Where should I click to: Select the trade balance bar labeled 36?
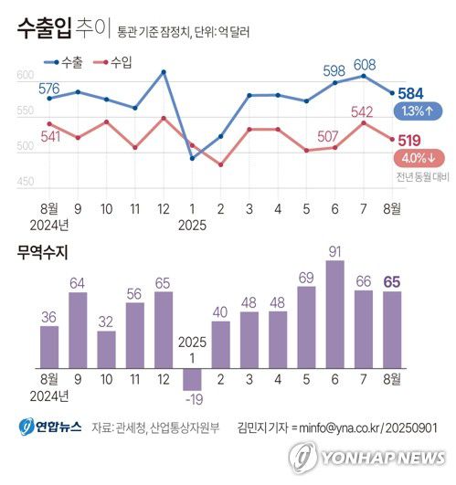[x=50, y=340]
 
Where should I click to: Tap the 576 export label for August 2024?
[x=49, y=89]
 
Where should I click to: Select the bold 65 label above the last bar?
[x=391, y=282]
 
